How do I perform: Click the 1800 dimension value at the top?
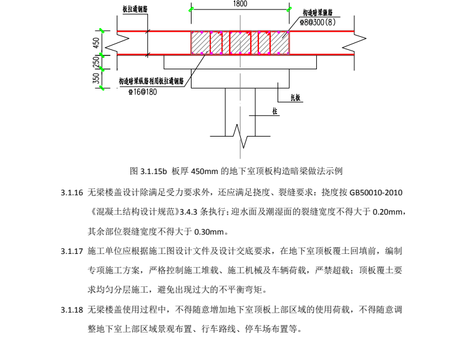pos(240,4)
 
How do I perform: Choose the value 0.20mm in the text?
pos(389,213)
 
